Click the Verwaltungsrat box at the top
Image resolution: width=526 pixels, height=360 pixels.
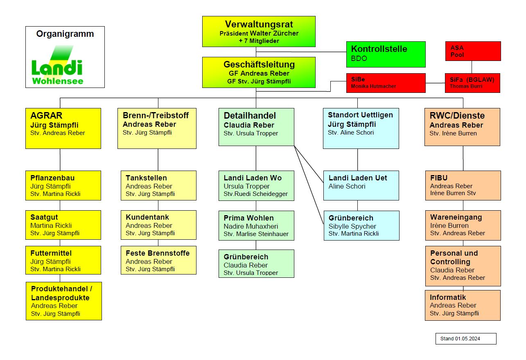(x=259, y=31)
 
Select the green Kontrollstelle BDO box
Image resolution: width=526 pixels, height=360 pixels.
(x=386, y=54)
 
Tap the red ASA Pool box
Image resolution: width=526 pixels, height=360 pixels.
(x=473, y=51)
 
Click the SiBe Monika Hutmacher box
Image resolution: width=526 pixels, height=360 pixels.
(x=386, y=83)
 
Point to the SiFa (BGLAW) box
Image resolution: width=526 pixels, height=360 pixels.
(x=472, y=83)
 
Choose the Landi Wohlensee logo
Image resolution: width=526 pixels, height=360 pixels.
(x=57, y=65)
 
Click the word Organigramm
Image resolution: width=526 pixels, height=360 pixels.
(x=65, y=34)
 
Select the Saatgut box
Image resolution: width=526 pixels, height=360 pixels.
(x=63, y=225)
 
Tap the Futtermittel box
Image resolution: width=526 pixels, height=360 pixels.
(x=63, y=260)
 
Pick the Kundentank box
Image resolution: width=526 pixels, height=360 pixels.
(x=158, y=225)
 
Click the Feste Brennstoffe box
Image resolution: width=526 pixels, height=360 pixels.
(x=158, y=260)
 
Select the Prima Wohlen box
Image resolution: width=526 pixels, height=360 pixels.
(x=256, y=225)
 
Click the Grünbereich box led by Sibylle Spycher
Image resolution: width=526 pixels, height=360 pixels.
(x=361, y=225)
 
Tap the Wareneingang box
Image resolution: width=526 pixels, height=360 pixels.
(x=463, y=225)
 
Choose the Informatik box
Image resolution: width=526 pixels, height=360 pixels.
(x=463, y=305)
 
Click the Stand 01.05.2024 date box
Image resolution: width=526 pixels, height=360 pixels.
(x=466, y=339)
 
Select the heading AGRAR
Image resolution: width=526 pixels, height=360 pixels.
(x=46, y=116)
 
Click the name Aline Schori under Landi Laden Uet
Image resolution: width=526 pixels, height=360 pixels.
(x=347, y=186)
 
